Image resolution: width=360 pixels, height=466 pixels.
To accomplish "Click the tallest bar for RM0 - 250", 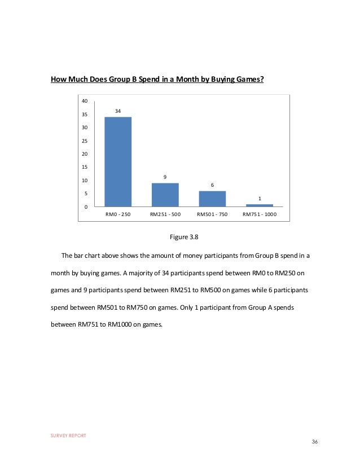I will tap(118, 161).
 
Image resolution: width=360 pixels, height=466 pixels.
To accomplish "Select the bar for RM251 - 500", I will tap(165, 195).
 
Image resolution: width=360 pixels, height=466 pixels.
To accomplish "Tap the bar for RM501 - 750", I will tap(212, 199).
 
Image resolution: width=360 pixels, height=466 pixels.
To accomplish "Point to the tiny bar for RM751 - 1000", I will tap(259, 205).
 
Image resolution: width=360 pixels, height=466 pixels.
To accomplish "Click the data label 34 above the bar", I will tap(118, 111).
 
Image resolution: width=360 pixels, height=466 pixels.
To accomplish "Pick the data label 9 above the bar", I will tap(165, 177).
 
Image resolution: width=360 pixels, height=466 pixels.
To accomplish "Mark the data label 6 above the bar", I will tap(212, 185).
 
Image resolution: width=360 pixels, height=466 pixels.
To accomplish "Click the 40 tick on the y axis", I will tap(85, 101).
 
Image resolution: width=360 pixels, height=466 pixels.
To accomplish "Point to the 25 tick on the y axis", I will tap(85, 140).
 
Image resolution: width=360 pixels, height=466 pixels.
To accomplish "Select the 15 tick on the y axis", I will tap(85, 167).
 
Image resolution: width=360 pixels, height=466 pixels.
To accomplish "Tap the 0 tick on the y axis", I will tap(86, 206).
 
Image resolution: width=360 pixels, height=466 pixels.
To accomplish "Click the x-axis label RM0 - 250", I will tap(118, 215).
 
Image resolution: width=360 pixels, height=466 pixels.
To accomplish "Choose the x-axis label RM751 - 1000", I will tap(259, 215).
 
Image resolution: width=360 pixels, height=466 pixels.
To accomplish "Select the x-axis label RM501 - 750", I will tap(212, 215).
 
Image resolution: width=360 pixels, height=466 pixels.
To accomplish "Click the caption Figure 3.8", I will tap(180, 237).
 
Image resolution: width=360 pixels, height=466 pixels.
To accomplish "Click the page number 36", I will tap(315, 441).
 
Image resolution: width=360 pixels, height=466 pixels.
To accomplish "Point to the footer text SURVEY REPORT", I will tap(68, 436).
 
